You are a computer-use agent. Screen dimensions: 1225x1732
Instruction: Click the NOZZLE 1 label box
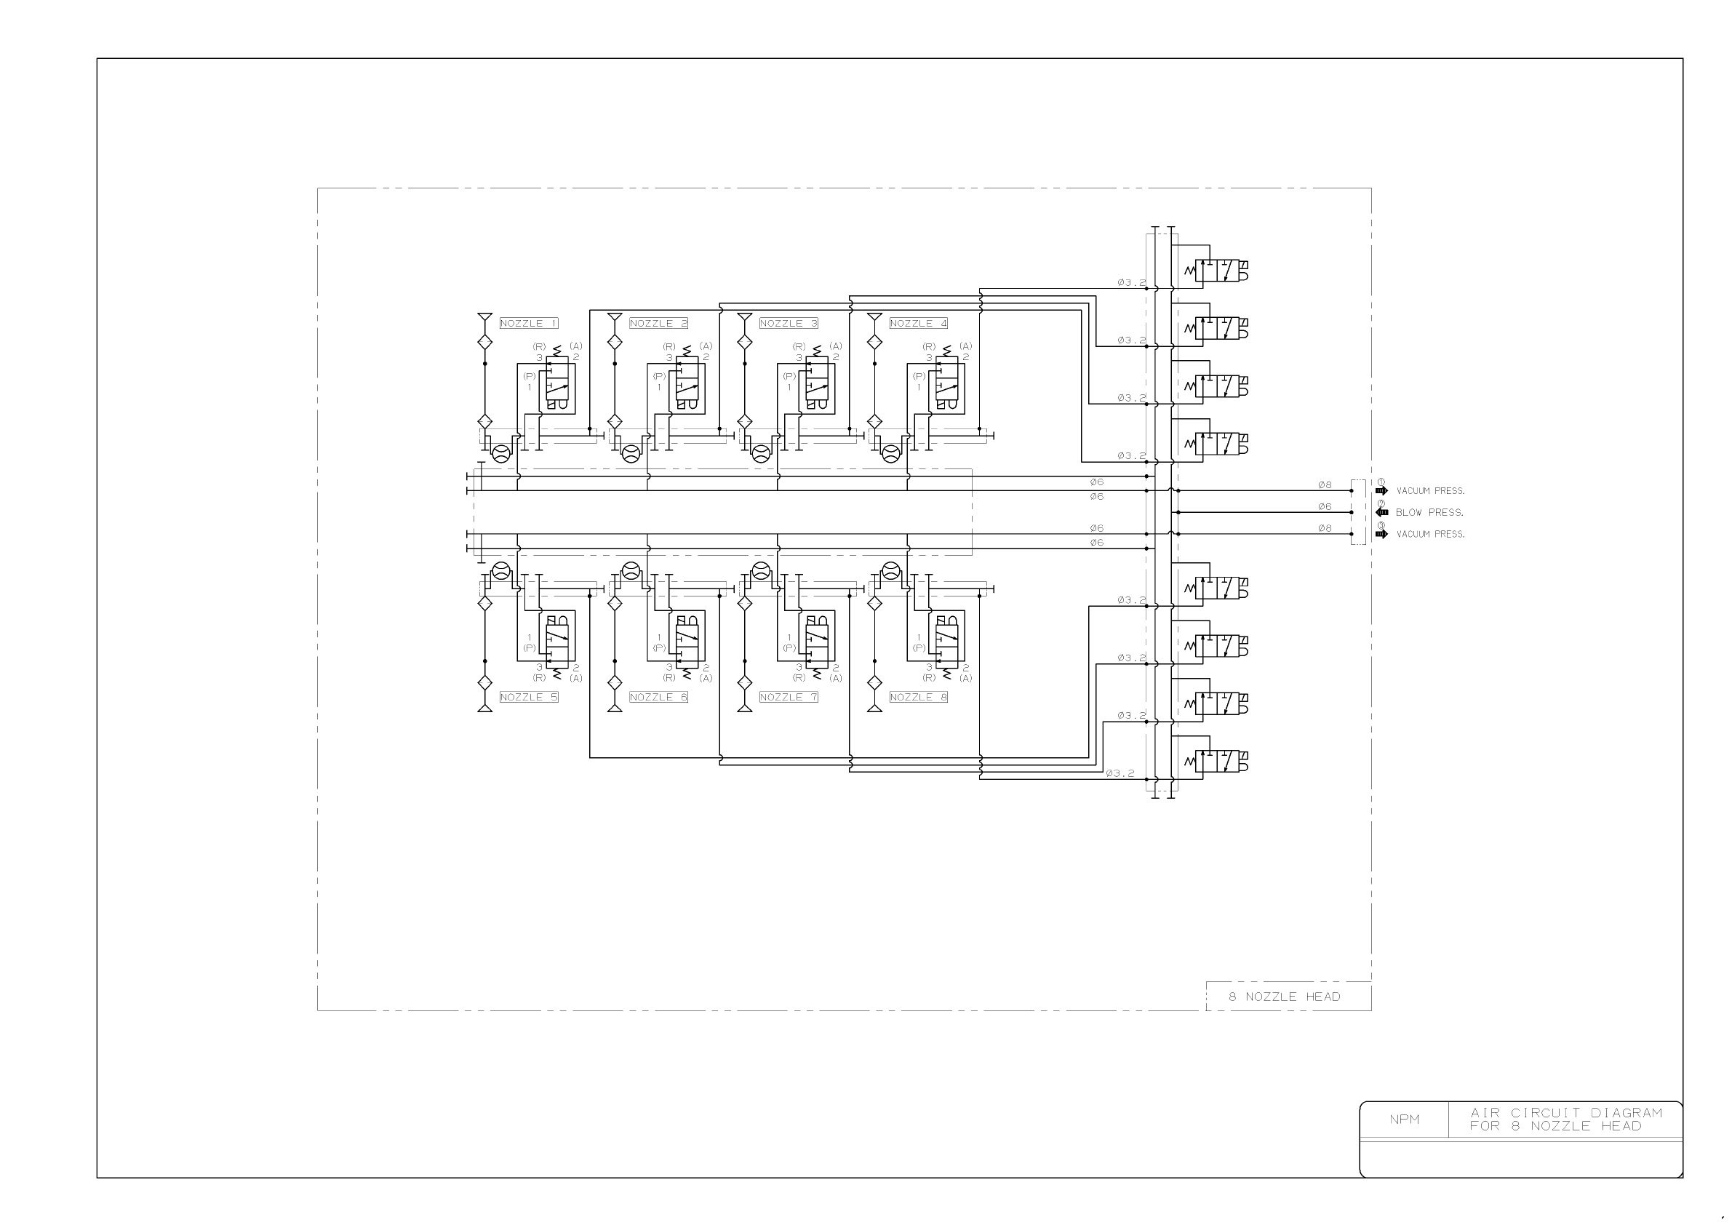529,323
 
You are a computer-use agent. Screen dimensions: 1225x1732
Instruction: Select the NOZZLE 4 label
918,323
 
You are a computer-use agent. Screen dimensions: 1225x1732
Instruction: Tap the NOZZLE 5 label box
529,697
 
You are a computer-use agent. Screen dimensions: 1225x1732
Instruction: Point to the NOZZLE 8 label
918,697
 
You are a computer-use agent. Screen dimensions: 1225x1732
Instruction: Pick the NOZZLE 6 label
658,697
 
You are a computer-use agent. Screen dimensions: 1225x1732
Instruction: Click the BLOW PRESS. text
1429,512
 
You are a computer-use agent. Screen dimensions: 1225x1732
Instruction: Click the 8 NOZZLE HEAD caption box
1288,997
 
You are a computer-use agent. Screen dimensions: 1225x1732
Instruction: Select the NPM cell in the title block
1404,1120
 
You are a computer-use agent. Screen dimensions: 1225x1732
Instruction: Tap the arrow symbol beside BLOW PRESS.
1382,512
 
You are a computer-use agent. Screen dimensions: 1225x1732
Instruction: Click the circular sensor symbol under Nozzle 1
501,453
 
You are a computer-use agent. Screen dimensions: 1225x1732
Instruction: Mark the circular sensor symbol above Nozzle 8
891,570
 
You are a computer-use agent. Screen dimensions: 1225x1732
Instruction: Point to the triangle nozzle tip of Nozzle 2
615,318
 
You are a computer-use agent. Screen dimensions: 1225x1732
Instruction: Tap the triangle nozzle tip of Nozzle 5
485,707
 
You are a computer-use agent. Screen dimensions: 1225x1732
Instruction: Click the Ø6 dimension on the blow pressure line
1325,507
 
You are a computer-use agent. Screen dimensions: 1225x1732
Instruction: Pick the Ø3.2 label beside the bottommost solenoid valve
1120,773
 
